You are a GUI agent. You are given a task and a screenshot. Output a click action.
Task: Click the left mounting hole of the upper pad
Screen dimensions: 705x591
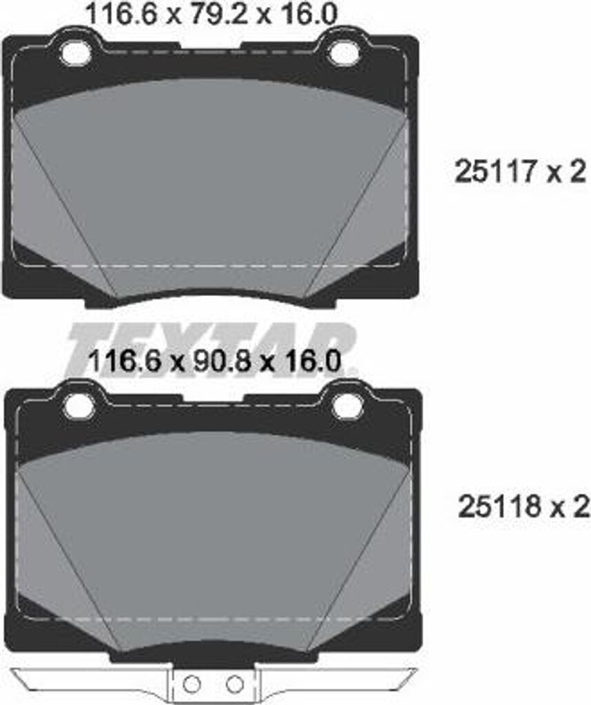coord(76,51)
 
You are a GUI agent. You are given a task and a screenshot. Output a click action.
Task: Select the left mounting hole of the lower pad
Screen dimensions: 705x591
coord(79,406)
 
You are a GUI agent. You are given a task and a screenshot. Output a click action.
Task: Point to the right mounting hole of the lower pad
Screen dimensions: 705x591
coord(345,406)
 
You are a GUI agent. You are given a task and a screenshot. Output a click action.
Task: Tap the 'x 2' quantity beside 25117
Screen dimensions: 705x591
coord(566,172)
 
